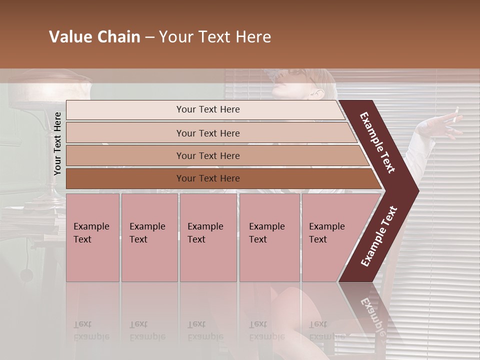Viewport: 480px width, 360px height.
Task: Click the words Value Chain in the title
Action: (x=94, y=37)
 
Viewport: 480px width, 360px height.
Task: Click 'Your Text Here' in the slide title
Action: (x=215, y=37)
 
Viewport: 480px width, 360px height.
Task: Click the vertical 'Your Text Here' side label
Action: (x=57, y=143)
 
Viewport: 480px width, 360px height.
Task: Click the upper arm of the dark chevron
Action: (x=378, y=143)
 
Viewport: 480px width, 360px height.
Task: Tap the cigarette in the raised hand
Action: (x=454, y=115)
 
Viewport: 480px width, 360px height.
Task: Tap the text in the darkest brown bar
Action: (x=208, y=178)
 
